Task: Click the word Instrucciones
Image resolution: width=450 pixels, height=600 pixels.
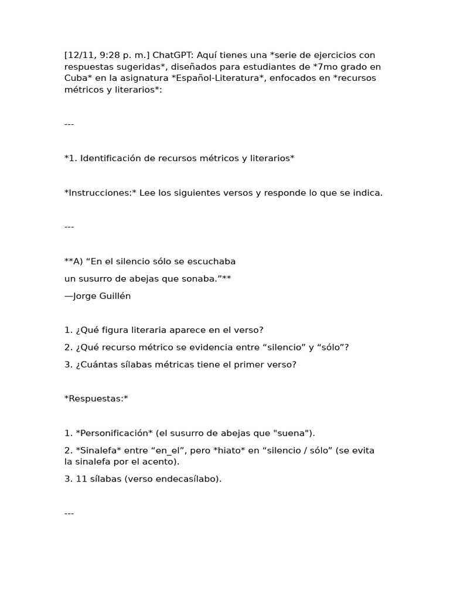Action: pyautogui.click(x=100, y=193)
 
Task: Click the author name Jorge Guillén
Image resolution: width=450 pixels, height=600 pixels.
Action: pyautogui.click(x=101, y=296)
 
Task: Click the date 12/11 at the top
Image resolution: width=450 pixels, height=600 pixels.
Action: pyautogui.click(x=80, y=55)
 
